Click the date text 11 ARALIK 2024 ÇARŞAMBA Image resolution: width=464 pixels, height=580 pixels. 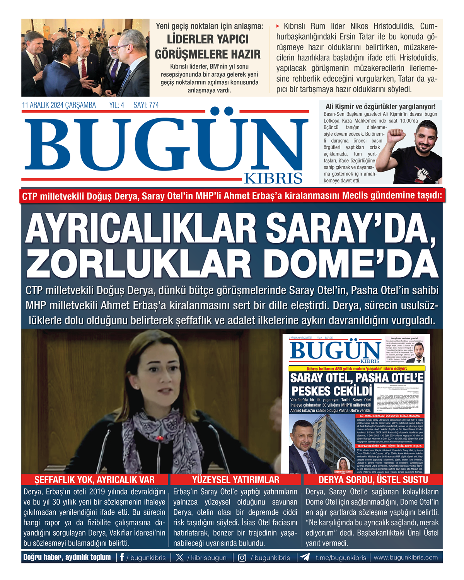(59, 105)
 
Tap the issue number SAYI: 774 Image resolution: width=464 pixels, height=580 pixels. (146, 105)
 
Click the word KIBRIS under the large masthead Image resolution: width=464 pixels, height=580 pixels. (273, 178)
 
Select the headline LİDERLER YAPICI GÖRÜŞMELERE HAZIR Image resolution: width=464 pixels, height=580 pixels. (208, 47)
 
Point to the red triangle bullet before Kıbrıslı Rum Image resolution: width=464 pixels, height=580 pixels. (278, 26)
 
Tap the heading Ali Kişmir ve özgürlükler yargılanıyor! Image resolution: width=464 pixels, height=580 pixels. (380, 106)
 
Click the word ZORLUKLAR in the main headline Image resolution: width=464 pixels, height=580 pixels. (139, 264)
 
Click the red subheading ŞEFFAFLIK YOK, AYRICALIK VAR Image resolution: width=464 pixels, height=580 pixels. (95, 480)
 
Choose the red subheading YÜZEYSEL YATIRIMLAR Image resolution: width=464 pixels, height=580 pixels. (235, 480)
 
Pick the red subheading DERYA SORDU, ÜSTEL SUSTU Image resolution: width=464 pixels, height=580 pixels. (373, 480)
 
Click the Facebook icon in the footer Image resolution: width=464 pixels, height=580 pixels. (122, 557)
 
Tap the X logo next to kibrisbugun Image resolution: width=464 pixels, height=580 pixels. (180, 558)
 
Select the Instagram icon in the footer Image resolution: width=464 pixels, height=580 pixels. (242, 558)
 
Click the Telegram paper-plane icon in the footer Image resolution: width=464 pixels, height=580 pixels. (305, 557)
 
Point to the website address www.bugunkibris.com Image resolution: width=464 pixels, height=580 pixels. (406, 557)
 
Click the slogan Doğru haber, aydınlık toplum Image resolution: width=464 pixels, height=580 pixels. (67, 557)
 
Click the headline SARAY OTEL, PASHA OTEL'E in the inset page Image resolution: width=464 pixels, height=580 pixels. (357, 378)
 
